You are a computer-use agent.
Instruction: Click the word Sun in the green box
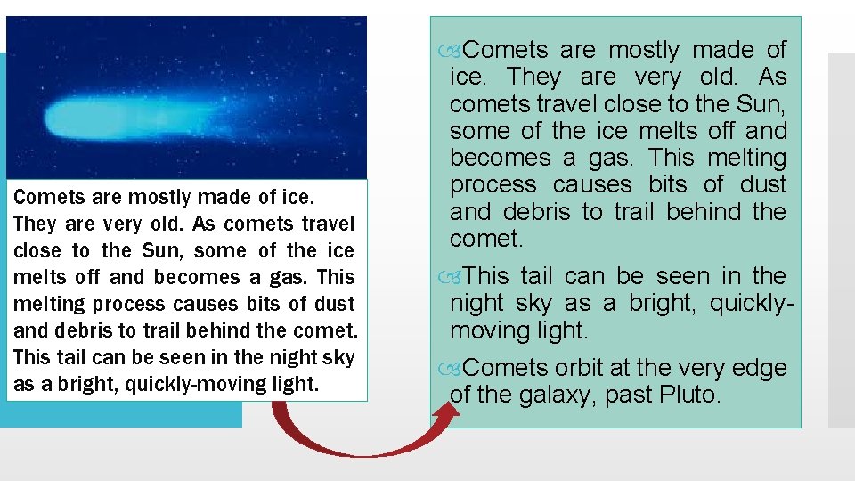point(760,104)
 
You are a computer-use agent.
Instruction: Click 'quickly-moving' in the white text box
point(175,385)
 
